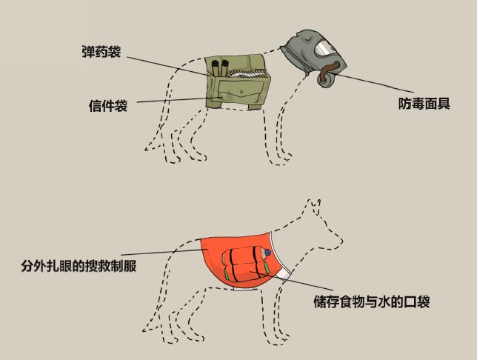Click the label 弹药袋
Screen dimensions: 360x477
pos(101,53)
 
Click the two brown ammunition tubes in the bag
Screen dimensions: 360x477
pos(219,69)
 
